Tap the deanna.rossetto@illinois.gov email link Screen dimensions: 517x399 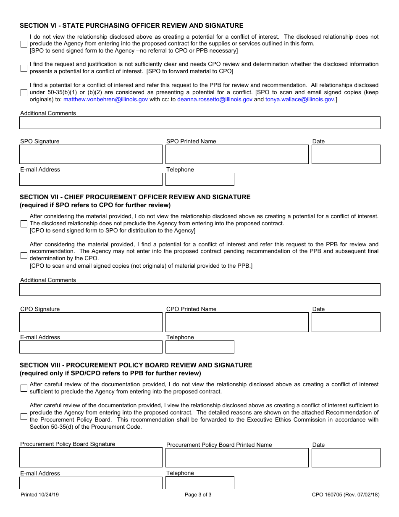coord(215,100)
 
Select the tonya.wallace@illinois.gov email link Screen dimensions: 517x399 coord(299,100)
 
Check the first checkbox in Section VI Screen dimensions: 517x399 coord(24,44)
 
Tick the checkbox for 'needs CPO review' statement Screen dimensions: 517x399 coord(24,68)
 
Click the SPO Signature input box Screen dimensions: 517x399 coord(91,154)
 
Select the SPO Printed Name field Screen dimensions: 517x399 coord(237,154)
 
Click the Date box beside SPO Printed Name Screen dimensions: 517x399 coord(346,154)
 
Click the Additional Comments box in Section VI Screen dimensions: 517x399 coord(199,123)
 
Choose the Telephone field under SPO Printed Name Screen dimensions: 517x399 coord(199,179)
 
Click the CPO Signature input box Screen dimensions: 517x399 coord(91,322)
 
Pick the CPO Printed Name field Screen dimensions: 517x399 coord(237,322)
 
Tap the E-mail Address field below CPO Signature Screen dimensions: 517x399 coord(91,347)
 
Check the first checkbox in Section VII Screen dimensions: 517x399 coord(24,224)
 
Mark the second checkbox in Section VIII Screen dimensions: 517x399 coord(24,417)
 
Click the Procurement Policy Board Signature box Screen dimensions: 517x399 coord(91,457)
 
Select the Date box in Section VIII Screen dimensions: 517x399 coord(346,457)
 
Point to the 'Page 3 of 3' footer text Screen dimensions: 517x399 coord(198,495)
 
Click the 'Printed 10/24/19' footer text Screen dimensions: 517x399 coord(40,495)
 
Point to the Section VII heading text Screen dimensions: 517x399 coord(135,197)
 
